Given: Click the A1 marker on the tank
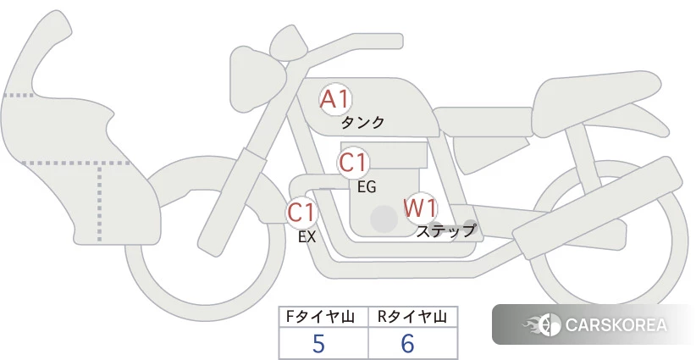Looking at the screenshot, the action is [x=335, y=99].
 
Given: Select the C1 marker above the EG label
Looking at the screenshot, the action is [x=353, y=163].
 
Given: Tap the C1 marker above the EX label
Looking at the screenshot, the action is [x=301, y=212].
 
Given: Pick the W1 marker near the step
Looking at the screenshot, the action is [x=420, y=208].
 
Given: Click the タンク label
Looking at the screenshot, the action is [x=362, y=123].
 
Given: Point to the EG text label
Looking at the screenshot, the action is [x=367, y=187].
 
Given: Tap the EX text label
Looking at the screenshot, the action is [x=307, y=237].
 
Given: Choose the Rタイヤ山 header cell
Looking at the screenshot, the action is [x=413, y=317].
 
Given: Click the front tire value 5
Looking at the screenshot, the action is [x=318, y=344].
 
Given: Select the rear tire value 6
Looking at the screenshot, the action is [x=407, y=344].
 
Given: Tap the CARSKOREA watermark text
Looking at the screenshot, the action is [x=616, y=325].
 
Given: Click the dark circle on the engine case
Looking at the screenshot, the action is [x=384, y=219].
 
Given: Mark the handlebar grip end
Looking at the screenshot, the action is [x=397, y=42].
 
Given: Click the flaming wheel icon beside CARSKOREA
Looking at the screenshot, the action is [x=543, y=325].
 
